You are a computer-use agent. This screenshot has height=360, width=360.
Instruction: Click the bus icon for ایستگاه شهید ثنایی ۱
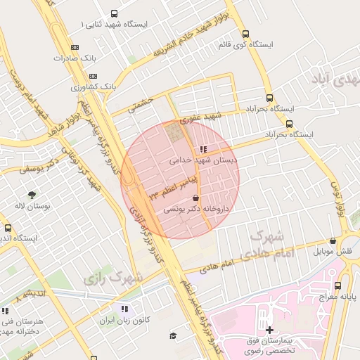coord(115,14)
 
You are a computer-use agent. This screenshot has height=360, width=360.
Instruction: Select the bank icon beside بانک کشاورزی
coord(94,76)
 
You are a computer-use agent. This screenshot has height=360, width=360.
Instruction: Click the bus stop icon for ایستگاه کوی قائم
coord(245,34)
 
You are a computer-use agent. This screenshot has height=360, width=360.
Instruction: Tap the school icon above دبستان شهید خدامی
coord(203,149)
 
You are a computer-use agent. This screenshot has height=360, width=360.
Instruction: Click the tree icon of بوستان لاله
coord(32,195)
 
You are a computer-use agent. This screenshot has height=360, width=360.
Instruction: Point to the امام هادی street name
coord(216,266)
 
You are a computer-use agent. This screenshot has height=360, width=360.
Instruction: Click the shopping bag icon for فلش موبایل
coord(333,241)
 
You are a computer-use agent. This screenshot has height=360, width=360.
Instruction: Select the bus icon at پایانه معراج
coord(337,285)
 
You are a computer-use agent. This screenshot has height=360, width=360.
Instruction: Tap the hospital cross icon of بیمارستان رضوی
coord(269,329)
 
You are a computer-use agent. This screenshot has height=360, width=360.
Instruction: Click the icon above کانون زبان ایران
coord(124,308)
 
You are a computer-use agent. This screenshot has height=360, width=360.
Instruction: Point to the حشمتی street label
coord(141,104)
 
